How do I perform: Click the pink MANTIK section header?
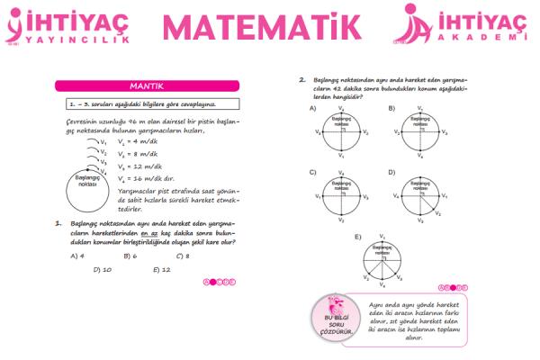[144, 86]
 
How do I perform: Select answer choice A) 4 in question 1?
[77, 256]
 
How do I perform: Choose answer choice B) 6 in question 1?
[129, 256]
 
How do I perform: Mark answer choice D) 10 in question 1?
[102, 269]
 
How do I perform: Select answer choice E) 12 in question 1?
[162, 269]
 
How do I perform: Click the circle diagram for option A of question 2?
[341, 131]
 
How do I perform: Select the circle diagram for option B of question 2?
[420, 131]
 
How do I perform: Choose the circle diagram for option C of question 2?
[341, 193]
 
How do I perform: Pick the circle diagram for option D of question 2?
[420, 193]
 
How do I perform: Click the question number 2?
[302, 79]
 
